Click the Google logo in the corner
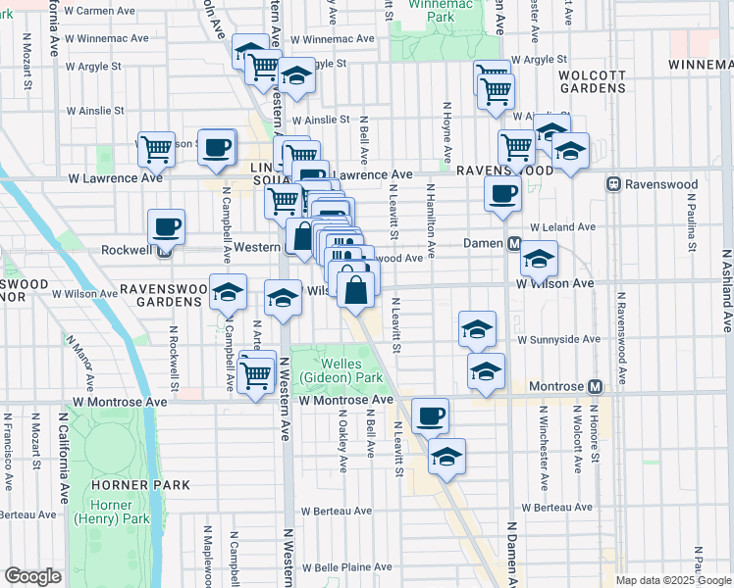tap(32, 576)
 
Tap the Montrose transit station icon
tap(594, 388)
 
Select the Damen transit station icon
tap(513, 243)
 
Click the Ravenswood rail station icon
tap(613, 184)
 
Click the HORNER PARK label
tap(121, 485)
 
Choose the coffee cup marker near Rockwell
tap(166, 227)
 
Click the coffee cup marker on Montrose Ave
tap(430, 416)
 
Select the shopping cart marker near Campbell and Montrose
tap(256, 373)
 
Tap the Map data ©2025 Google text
tap(673, 580)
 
